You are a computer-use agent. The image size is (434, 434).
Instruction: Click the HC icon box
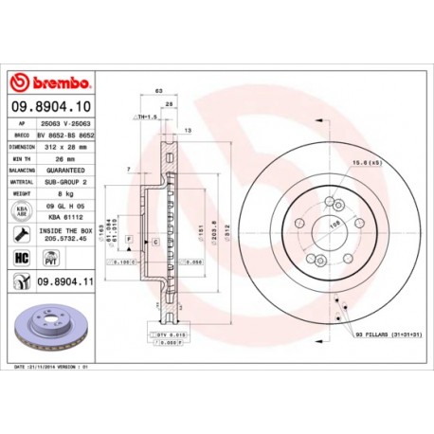(x=20, y=257)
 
